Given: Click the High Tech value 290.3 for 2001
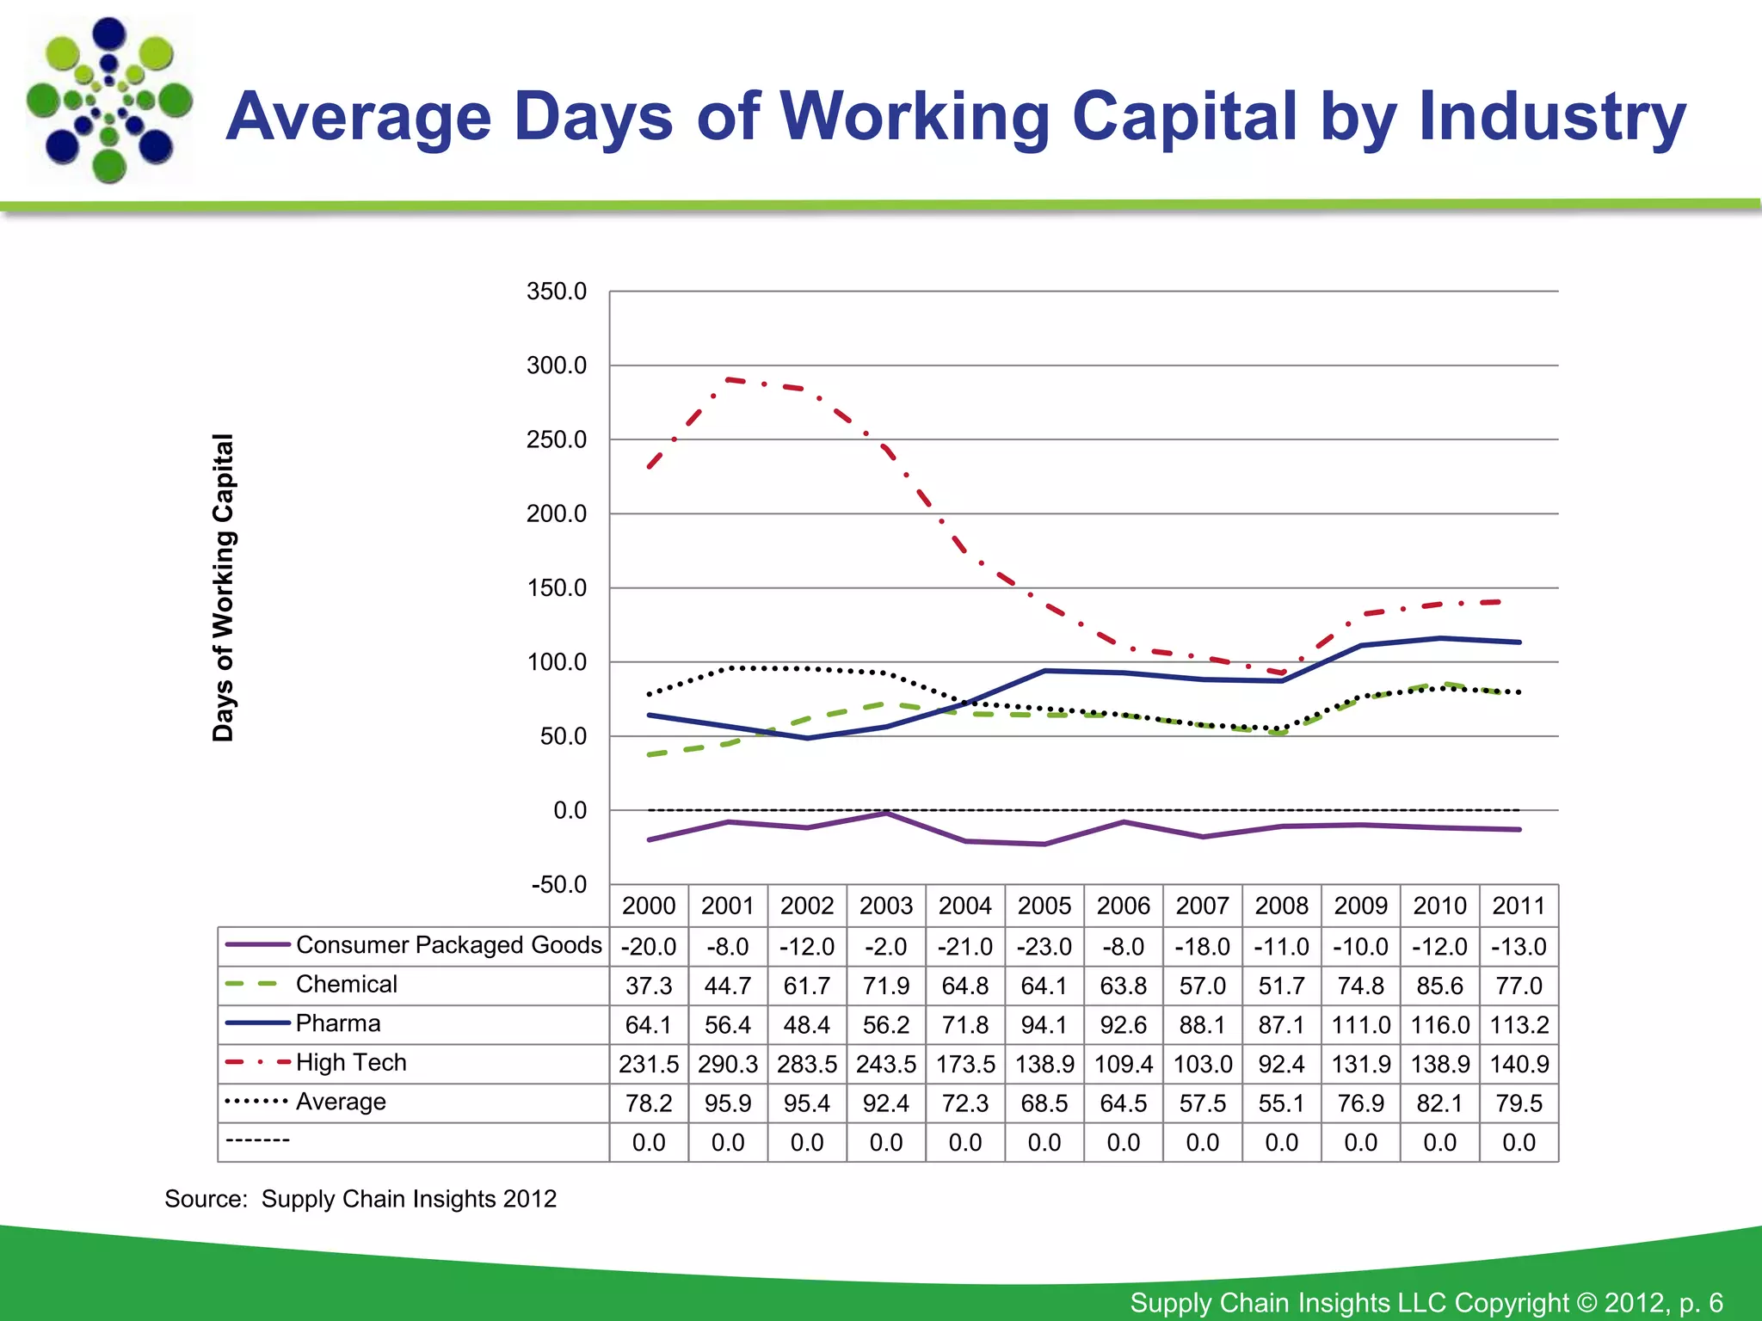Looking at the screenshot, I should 728,1064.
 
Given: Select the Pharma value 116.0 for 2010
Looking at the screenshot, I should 1439,1025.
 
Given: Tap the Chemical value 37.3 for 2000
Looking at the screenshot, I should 649,986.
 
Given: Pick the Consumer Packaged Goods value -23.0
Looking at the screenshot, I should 1044,947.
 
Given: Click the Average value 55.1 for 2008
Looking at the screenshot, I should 1281,1103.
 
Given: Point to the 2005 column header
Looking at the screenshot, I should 1044,906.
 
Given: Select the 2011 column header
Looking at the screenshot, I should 1519,906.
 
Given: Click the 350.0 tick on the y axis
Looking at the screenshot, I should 557,292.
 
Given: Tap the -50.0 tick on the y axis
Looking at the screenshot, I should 558,884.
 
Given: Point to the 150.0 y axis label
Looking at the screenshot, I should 557,588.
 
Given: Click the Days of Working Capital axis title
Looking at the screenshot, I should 223,587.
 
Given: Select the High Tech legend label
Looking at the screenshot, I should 351,1063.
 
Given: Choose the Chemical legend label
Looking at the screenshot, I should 347,984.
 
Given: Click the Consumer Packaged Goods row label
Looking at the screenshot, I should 448,945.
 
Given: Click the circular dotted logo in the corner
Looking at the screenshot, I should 109,101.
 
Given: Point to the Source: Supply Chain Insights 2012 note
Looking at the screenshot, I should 360,1199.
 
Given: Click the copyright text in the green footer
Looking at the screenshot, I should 1426,1302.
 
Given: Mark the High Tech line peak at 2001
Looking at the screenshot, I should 728,379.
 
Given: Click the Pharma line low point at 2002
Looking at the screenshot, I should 807,738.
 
